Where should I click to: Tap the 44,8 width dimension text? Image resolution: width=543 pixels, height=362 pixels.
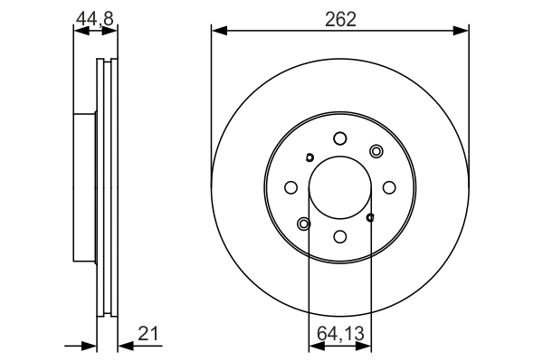(95, 17)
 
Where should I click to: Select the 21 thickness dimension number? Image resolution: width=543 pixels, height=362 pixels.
(149, 334)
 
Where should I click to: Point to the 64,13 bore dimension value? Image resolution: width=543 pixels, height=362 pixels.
(339, 334)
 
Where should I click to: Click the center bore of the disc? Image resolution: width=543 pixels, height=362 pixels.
(339, 187)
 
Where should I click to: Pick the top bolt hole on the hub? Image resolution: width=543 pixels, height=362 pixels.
(339, 138)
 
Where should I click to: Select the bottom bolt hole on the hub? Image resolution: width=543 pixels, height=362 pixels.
(339, 236)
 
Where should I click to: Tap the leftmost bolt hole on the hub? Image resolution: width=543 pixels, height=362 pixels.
(291, 187)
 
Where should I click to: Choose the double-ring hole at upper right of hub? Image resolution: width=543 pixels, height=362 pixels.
(376, 151)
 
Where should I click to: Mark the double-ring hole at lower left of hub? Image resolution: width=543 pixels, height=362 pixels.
(303, 224)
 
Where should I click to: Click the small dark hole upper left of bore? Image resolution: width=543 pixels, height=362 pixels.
(310, 157)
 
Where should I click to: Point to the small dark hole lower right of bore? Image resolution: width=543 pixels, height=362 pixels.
(370, 217)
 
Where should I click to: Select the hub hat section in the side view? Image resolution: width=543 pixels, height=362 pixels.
(84, 187)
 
